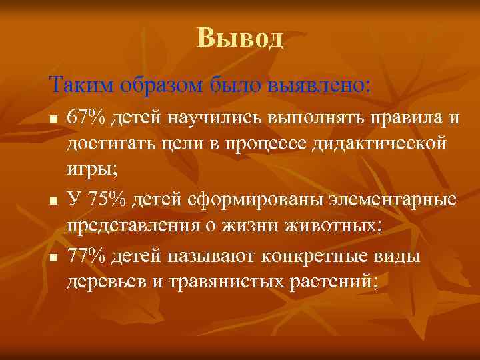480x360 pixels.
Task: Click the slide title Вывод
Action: [240, 38]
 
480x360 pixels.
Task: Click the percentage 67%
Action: [86, 118]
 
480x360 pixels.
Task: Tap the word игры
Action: [91, 171]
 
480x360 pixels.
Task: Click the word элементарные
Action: [389, 199]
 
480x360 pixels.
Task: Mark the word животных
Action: [335, 226]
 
